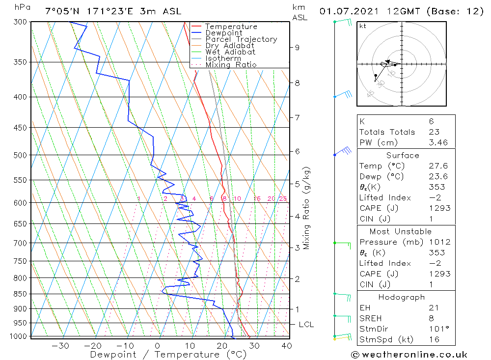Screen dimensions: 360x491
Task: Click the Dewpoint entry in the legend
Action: click(x=223, y=33)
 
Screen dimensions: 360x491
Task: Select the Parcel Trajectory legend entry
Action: click(x=241, y=39)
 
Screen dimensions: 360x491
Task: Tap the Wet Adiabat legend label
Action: click(x=230, y=52)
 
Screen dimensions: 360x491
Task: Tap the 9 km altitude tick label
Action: click(x=297, y=47)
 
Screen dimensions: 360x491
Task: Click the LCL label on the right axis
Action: click(x=306, y=325)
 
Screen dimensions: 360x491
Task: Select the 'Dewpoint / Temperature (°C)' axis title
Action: click(x=168, y=354)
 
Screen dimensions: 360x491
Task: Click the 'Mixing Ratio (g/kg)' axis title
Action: click(x=307, y=208)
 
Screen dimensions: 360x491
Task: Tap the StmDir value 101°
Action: click(x=436, y=329)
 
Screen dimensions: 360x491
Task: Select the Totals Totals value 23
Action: click(x=433, y=132)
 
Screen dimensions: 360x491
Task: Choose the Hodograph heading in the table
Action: click(x=402, y=297)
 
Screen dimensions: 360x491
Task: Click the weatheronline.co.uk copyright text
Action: click(x=409, y=355)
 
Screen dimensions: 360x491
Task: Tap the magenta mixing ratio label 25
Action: click(x=283, y=199)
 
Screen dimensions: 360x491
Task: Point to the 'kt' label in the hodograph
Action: click(x=362, y=27)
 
